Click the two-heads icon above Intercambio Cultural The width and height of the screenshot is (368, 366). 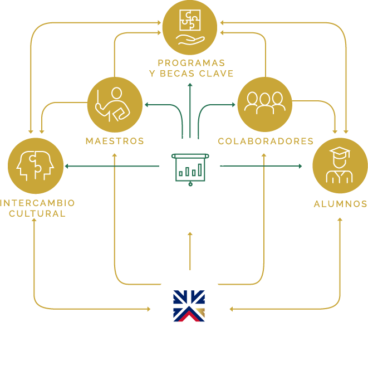(35, 165)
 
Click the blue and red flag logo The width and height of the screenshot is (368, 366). (189, 306)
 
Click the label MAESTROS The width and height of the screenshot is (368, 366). (115, 141)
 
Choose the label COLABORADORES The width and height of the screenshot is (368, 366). (266, 141)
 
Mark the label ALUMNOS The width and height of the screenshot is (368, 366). (340, 204)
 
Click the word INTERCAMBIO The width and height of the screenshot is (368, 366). (38, 203)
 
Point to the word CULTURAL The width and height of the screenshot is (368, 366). (38, 213)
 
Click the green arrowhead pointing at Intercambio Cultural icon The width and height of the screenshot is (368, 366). (67, 166)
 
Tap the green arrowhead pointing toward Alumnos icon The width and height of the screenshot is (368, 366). (300, 166)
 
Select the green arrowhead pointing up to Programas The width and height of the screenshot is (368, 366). (190, 85)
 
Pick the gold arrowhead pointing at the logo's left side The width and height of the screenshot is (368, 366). (149, 308)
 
